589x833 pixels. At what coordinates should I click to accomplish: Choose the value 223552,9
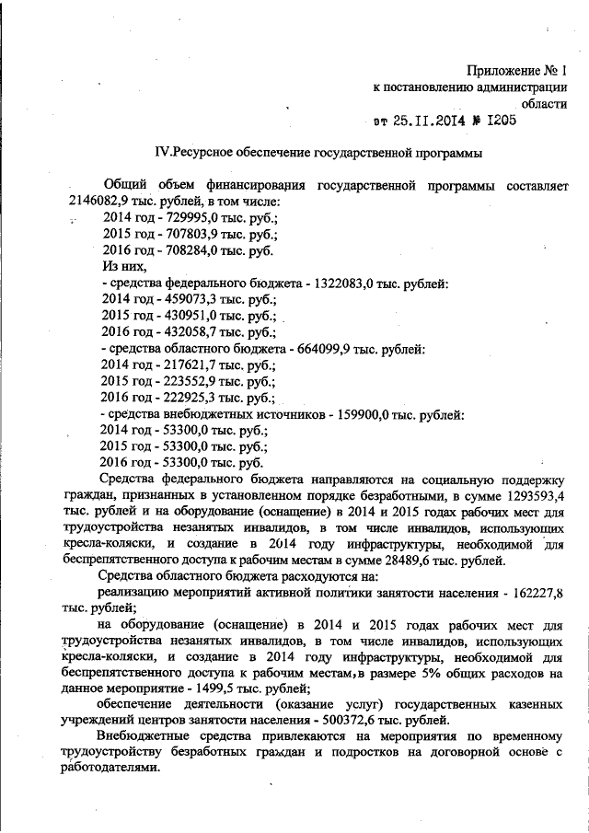coord(186,381)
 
